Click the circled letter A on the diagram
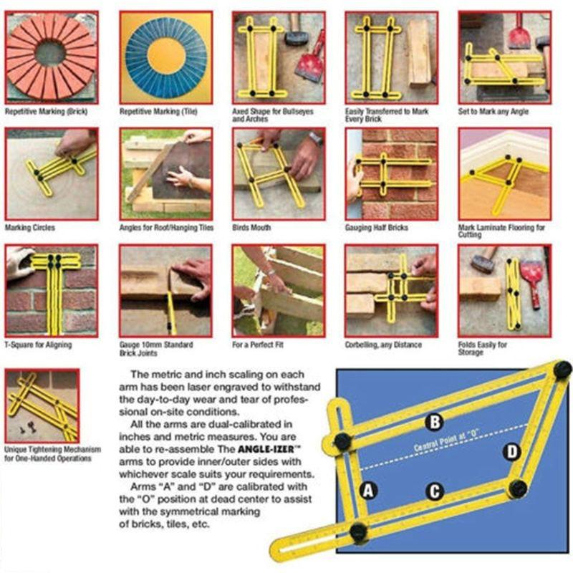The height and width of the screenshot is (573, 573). click(368, 491)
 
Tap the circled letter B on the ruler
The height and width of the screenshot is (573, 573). click(433, 422)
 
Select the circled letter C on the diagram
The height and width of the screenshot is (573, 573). click(434, 491)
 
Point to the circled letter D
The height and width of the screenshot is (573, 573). click(511, 451)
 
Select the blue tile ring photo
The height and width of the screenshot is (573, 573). click(166, 57)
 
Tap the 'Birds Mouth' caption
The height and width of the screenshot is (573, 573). click(252, 228)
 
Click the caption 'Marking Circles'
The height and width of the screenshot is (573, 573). click(30, 228)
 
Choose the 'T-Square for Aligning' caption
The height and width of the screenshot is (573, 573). click(39, 345)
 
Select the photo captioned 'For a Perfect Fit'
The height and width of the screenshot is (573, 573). click(278, 291)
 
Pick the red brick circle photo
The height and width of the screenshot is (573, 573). click(52, 57)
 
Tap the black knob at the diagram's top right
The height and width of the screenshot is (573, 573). click(562, 370)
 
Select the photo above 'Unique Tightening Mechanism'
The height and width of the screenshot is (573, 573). click(42, 405)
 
